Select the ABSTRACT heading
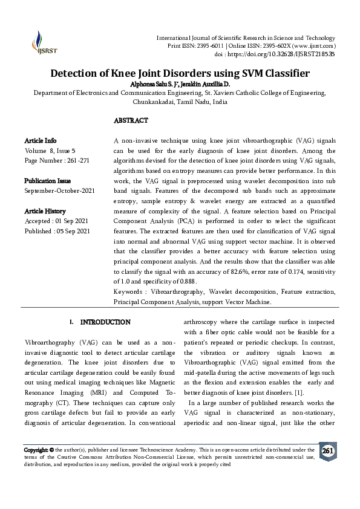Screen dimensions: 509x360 pyautogui.click(x=131, y=121)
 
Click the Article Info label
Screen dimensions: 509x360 pyautogui.click(x=41, y=141)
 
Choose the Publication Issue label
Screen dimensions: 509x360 pyautogui.click(x=47, y=181)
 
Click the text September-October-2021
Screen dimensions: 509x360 pyautogui.click(x=59, y=191)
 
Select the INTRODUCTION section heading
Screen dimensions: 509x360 pyautogui.click(x=105, y=322)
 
